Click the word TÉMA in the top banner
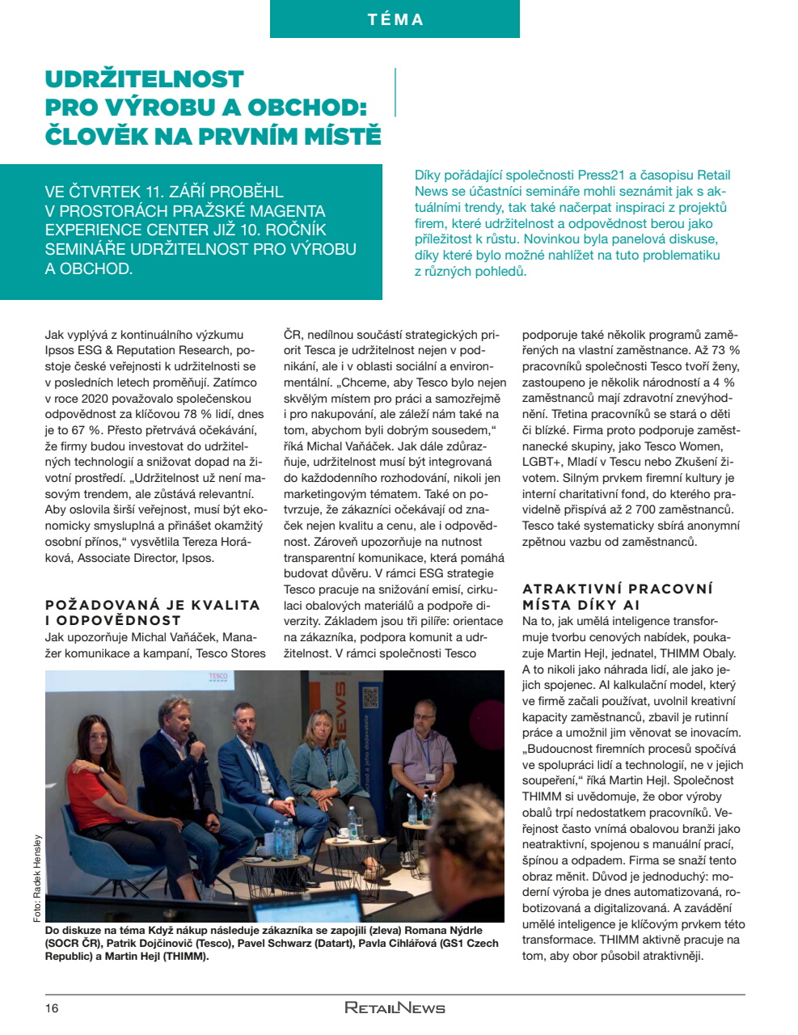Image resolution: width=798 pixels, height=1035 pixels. pyautogui.click(x=395, y=19)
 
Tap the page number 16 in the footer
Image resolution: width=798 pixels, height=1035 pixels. pyautogui.click(x=52, y=1008)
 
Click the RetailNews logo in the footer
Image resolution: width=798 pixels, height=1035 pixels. pyautogui.click(x=395, y=1008)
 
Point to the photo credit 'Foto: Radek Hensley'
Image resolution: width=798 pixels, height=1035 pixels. pyautogui.click(x=37, y=877)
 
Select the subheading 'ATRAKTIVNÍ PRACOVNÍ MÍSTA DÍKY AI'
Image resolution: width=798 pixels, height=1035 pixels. pyautogui.click(x=618, y=597)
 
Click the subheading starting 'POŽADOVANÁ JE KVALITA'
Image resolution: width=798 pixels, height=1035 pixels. pyautogui.click(x=152, y=612)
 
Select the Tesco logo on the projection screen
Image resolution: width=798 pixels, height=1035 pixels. pyautogui.click(x=218, y=677)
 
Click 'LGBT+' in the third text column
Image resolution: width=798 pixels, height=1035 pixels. pyautogui.click(x=541, y=462)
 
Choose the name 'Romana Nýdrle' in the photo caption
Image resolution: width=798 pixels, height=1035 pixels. pyautogui.click(x=443, y=930)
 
